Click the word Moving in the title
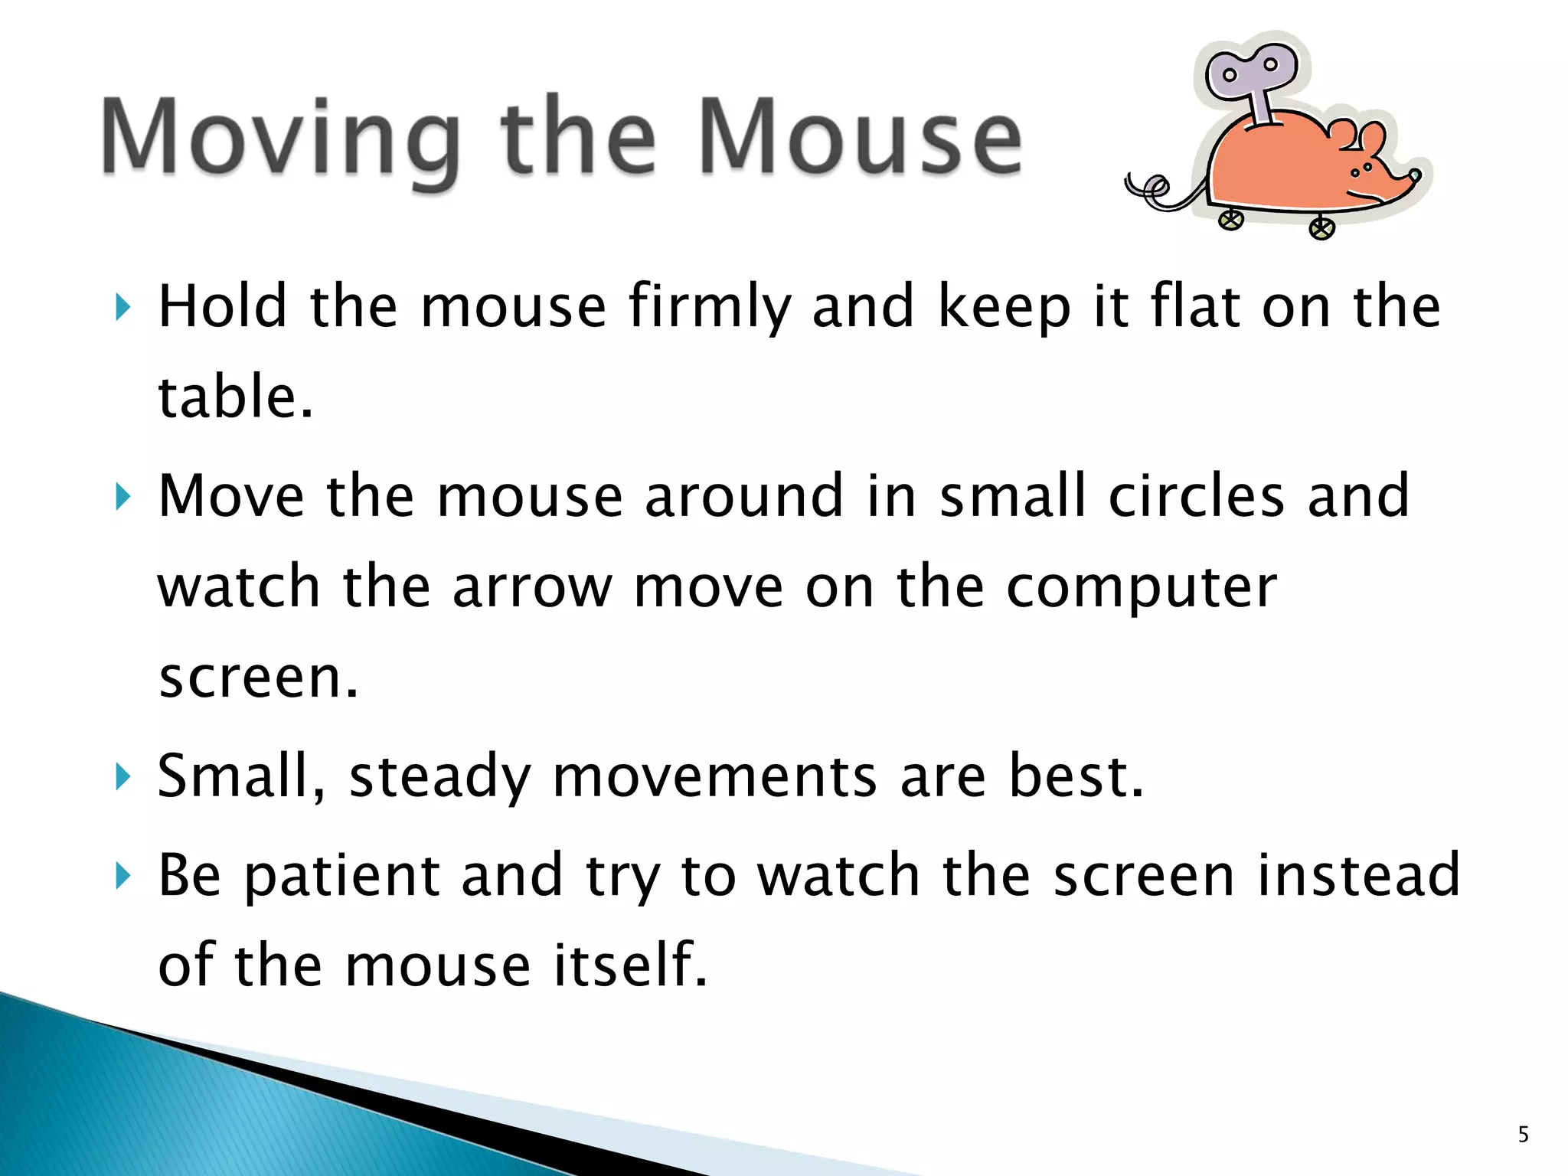(x=279, y=138)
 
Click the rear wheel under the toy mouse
(x=1230, y=220)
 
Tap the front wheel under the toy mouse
(x=1321, y=228)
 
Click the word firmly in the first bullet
(x=709, y=306)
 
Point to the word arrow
(x=532, y=587)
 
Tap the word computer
(x=1141, y=589)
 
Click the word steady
(x=439, y=777)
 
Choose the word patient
(x=341, y=876)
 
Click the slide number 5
(x=1523, y=1135)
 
